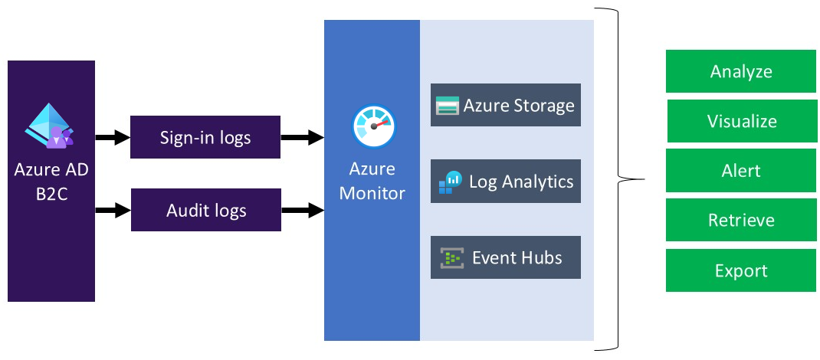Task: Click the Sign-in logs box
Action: (205, 137)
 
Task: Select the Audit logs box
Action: (205, 209)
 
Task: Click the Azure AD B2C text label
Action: (51, 180)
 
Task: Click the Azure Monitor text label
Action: (372, 181)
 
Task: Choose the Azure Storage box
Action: (506, 105)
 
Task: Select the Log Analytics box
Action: (506, 182)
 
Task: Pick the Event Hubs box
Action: (506, 257)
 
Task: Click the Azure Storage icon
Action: (447, 106)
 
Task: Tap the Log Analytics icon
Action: (450, 182)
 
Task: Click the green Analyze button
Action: (740, 72)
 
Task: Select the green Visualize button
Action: (741, 121)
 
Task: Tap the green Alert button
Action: (740, 170)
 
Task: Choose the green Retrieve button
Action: (740, 221)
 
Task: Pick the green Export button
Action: (740, 270)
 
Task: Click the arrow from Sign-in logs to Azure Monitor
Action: (302, 138)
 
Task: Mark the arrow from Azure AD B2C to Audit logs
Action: (113, 209)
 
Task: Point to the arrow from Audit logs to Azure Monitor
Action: (302, 209)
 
